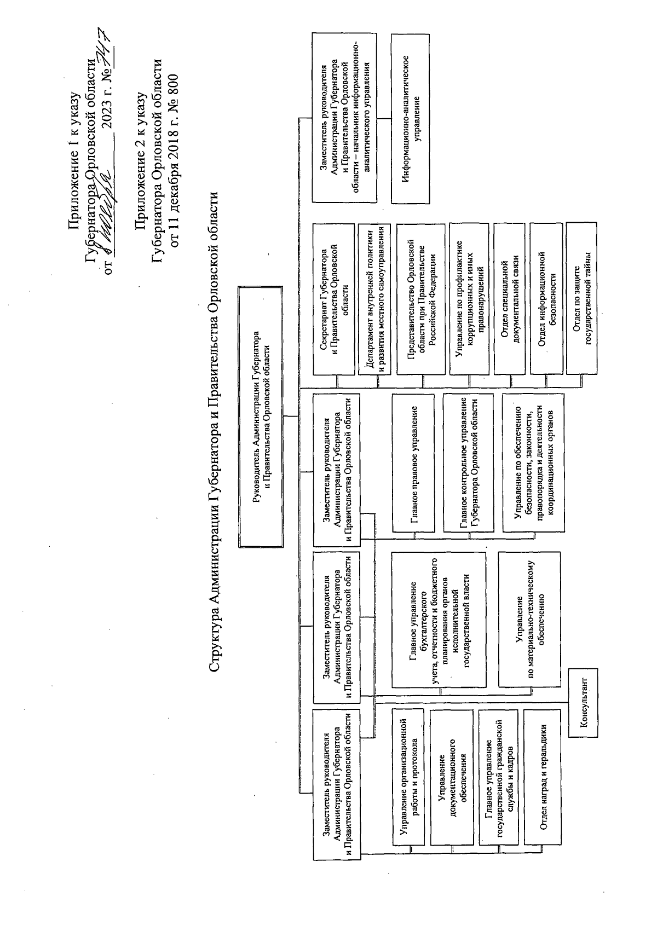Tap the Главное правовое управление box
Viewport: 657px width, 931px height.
point(414,462)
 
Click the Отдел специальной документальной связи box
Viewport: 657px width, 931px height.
point(509,298)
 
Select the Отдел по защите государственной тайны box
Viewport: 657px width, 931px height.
point(581,298)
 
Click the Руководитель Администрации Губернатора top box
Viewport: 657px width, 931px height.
point(261,415)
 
